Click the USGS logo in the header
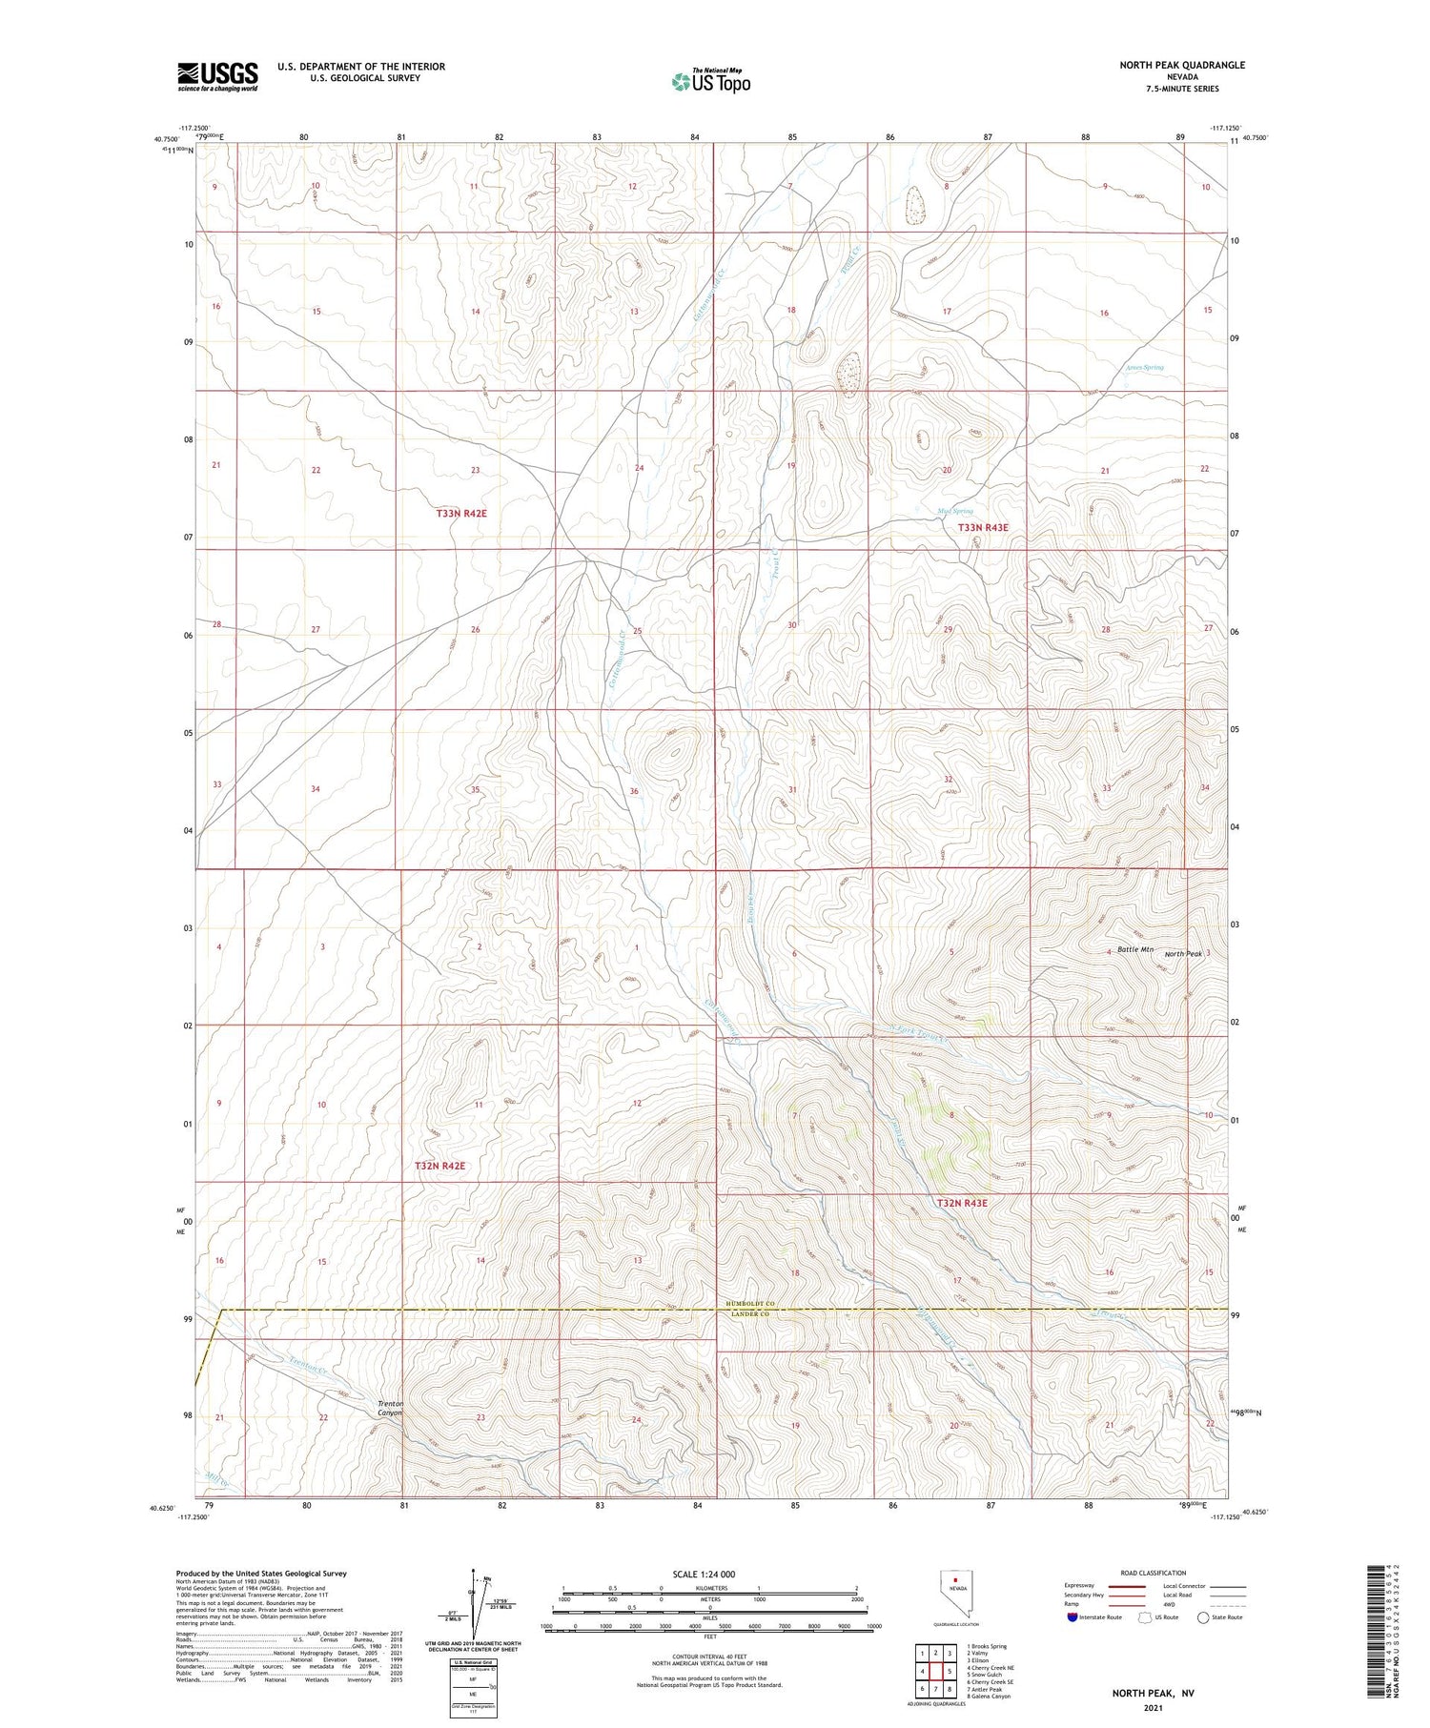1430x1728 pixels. (x=217, y=76)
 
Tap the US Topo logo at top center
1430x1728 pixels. (x=710, y=81)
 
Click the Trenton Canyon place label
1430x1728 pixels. (x=391, y=1408)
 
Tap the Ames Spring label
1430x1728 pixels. (x=1144, y=367)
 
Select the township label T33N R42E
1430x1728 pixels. (x=461, y=514)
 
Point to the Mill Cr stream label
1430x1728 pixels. (x=217, y=1478)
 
